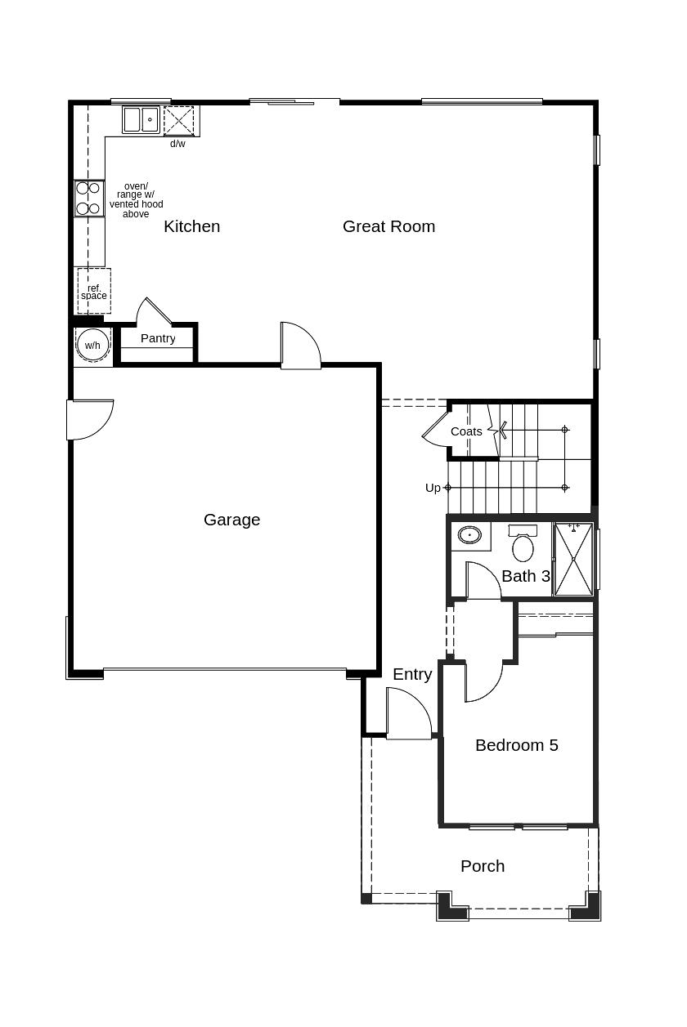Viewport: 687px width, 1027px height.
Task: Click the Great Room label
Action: [388, 226]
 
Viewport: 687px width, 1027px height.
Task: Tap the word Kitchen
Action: [192, 226]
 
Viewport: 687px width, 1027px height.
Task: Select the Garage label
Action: [231, 520]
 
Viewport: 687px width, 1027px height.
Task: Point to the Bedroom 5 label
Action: [517, 745]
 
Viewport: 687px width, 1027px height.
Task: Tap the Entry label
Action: [412, 675]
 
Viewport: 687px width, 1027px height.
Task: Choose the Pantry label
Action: [158, 338]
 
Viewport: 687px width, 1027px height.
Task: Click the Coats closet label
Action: [466, 431]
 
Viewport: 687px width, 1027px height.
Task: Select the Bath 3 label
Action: [526, 576]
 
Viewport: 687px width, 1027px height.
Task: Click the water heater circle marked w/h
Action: [92, 345]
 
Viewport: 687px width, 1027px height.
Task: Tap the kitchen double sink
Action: [141, 119]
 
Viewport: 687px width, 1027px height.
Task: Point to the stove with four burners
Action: [89, 199]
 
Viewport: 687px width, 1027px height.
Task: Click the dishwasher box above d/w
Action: [179, 120]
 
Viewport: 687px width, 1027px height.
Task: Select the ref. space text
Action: [94, 292]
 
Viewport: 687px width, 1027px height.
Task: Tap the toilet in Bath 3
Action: [523, 543]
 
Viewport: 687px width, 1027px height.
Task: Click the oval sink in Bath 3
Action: [469, 535]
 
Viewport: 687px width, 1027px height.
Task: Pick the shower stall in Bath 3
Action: [573, 560]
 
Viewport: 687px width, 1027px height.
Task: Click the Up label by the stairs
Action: [433, 488]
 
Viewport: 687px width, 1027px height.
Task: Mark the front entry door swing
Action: [409, 713]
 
